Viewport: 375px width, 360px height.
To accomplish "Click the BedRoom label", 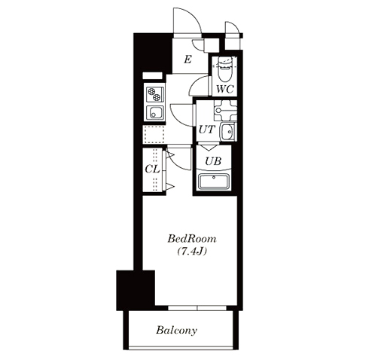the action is (192, 239).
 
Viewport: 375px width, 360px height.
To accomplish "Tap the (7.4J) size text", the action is (192, 252).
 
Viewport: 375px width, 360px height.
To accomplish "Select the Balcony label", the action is (176, 330).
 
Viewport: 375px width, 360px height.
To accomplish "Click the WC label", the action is (225, 89).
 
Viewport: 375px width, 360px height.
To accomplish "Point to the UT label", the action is (207, 130).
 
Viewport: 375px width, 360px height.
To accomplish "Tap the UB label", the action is (213, 161).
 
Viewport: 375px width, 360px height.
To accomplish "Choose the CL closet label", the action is (152, 169).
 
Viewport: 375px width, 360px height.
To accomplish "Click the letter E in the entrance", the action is (187, 59).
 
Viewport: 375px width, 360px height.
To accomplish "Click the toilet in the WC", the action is (224, 69).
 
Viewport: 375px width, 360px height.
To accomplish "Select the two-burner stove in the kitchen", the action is (155, 94).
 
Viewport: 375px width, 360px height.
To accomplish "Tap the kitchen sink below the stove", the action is (155, 112).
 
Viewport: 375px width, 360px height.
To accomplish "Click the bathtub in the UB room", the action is (214, 181).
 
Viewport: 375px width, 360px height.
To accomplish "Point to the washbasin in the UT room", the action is (228, 131).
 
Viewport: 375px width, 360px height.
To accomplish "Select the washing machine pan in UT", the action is (225, 111).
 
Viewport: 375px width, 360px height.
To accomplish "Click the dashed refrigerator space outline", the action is (154, 135).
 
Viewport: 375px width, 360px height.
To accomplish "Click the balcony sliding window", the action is (197, 308).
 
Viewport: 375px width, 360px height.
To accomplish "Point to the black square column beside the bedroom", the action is (136, 290).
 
